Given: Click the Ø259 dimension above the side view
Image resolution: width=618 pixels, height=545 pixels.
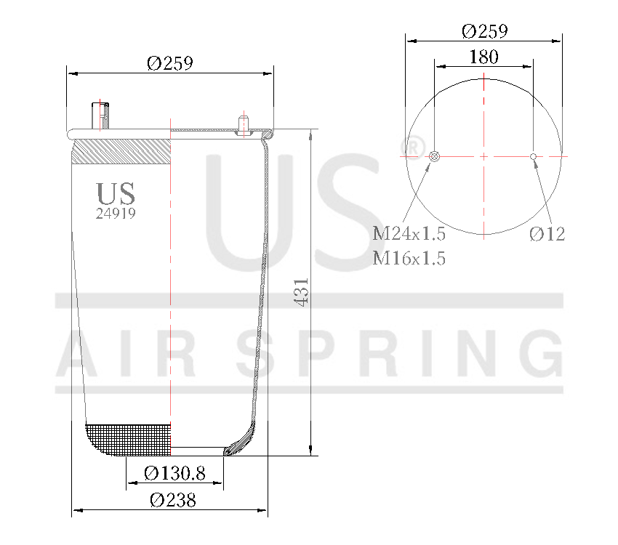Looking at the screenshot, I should [x=169, y=63].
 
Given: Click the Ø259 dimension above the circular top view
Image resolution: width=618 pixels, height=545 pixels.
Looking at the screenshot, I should [x=484, y=31].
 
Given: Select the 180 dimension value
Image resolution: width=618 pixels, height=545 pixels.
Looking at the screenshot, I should [x=483, y=57].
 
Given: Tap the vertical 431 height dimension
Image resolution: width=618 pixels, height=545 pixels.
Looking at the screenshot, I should [x=303, y=291].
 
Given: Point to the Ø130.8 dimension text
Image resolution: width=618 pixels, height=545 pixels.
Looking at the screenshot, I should [x=174, y=474].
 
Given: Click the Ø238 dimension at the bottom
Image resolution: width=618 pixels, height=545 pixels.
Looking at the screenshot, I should [x=173, y=500].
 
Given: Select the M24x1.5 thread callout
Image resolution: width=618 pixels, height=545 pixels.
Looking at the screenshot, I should [x=409, y=234].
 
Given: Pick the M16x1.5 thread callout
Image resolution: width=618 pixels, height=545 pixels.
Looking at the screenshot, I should [x=409, y=258].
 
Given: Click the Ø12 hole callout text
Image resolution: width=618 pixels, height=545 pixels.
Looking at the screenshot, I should [x=547, y=234].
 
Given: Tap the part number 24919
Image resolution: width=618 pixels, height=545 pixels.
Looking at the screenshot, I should [x=116, y=214].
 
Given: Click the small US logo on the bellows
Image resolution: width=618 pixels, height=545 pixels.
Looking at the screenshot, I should [x=116, y=193].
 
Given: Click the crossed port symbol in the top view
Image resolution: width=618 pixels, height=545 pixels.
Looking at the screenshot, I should [x=435, y=156].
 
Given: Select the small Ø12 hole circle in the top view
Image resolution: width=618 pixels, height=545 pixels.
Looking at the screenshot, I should [x=533, y=156].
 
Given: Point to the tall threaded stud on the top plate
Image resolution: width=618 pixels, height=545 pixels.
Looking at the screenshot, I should [x=100, y=116].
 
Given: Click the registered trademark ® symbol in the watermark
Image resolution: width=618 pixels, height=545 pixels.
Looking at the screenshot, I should [x=412, y=148].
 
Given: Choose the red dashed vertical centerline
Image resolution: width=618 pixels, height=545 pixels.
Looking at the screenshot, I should [x=170, y=291].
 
